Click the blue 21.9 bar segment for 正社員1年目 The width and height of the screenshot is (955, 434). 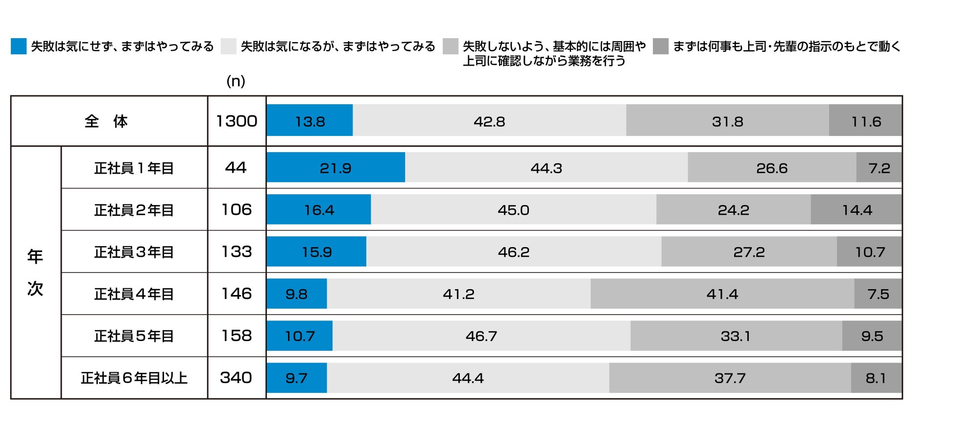tap(336, 167)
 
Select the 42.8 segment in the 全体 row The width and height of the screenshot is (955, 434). tap(489, 120)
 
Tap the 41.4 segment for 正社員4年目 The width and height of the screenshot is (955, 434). tap(722, 294)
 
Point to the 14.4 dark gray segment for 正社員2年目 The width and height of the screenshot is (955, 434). tap(856, 209)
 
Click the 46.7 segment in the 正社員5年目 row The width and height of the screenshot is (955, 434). tap(481, 336)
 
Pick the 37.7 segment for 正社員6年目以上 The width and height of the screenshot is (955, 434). tap(730, 378)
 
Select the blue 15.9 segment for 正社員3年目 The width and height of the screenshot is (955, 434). tap(317, 251)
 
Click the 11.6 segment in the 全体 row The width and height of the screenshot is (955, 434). tap(865, 120)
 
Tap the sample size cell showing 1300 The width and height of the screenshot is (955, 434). tap(237, 121)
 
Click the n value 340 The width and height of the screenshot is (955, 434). tap(236, 378)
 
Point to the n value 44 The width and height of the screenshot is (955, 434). tap(236, 167)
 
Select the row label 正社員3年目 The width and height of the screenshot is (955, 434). tap(134, 251)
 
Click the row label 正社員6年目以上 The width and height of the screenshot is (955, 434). tap(134, 378)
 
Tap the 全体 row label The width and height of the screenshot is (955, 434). tap(107, 121)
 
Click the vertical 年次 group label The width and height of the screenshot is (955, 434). tap(35, 273)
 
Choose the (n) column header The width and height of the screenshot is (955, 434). tap(236, 81)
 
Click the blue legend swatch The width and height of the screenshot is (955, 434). tap(19, 46)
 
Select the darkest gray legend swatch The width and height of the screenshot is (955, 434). tap(661, 46)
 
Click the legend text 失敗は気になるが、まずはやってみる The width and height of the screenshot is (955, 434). tap(338, 46)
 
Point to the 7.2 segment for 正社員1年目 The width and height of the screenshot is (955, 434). tap(879, 167)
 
